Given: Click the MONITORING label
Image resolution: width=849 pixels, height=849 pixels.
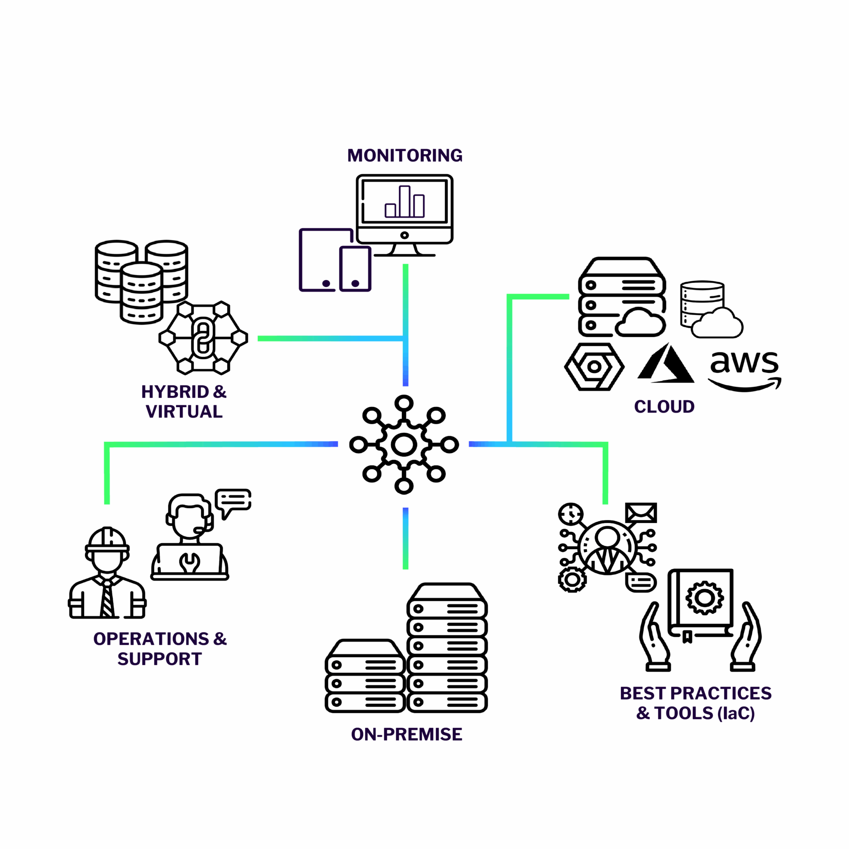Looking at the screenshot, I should (405, 156).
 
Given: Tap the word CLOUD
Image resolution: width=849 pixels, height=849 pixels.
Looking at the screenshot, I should (664, 407).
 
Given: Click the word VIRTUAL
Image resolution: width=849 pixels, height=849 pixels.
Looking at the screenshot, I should (184, 412).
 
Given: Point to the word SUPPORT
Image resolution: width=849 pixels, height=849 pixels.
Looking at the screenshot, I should (160, 659).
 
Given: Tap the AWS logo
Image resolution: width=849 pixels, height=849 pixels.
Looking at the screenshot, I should (744, 370).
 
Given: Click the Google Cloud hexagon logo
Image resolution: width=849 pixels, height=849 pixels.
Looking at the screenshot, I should (594, 367).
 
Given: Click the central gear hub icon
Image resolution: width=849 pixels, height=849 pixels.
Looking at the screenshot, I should (404, 444).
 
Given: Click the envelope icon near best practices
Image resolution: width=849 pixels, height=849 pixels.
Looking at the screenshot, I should (641, 513).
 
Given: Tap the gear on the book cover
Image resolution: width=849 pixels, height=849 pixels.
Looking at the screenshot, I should (704, 598).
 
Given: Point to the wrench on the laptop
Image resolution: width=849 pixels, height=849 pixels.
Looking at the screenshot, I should (189, 562).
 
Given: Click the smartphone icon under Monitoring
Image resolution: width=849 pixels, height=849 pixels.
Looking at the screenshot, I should (355, 269).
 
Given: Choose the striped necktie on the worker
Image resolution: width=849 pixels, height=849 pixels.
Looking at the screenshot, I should (107, 600).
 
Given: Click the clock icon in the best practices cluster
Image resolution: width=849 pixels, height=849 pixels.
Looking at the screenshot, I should (570, 514).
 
